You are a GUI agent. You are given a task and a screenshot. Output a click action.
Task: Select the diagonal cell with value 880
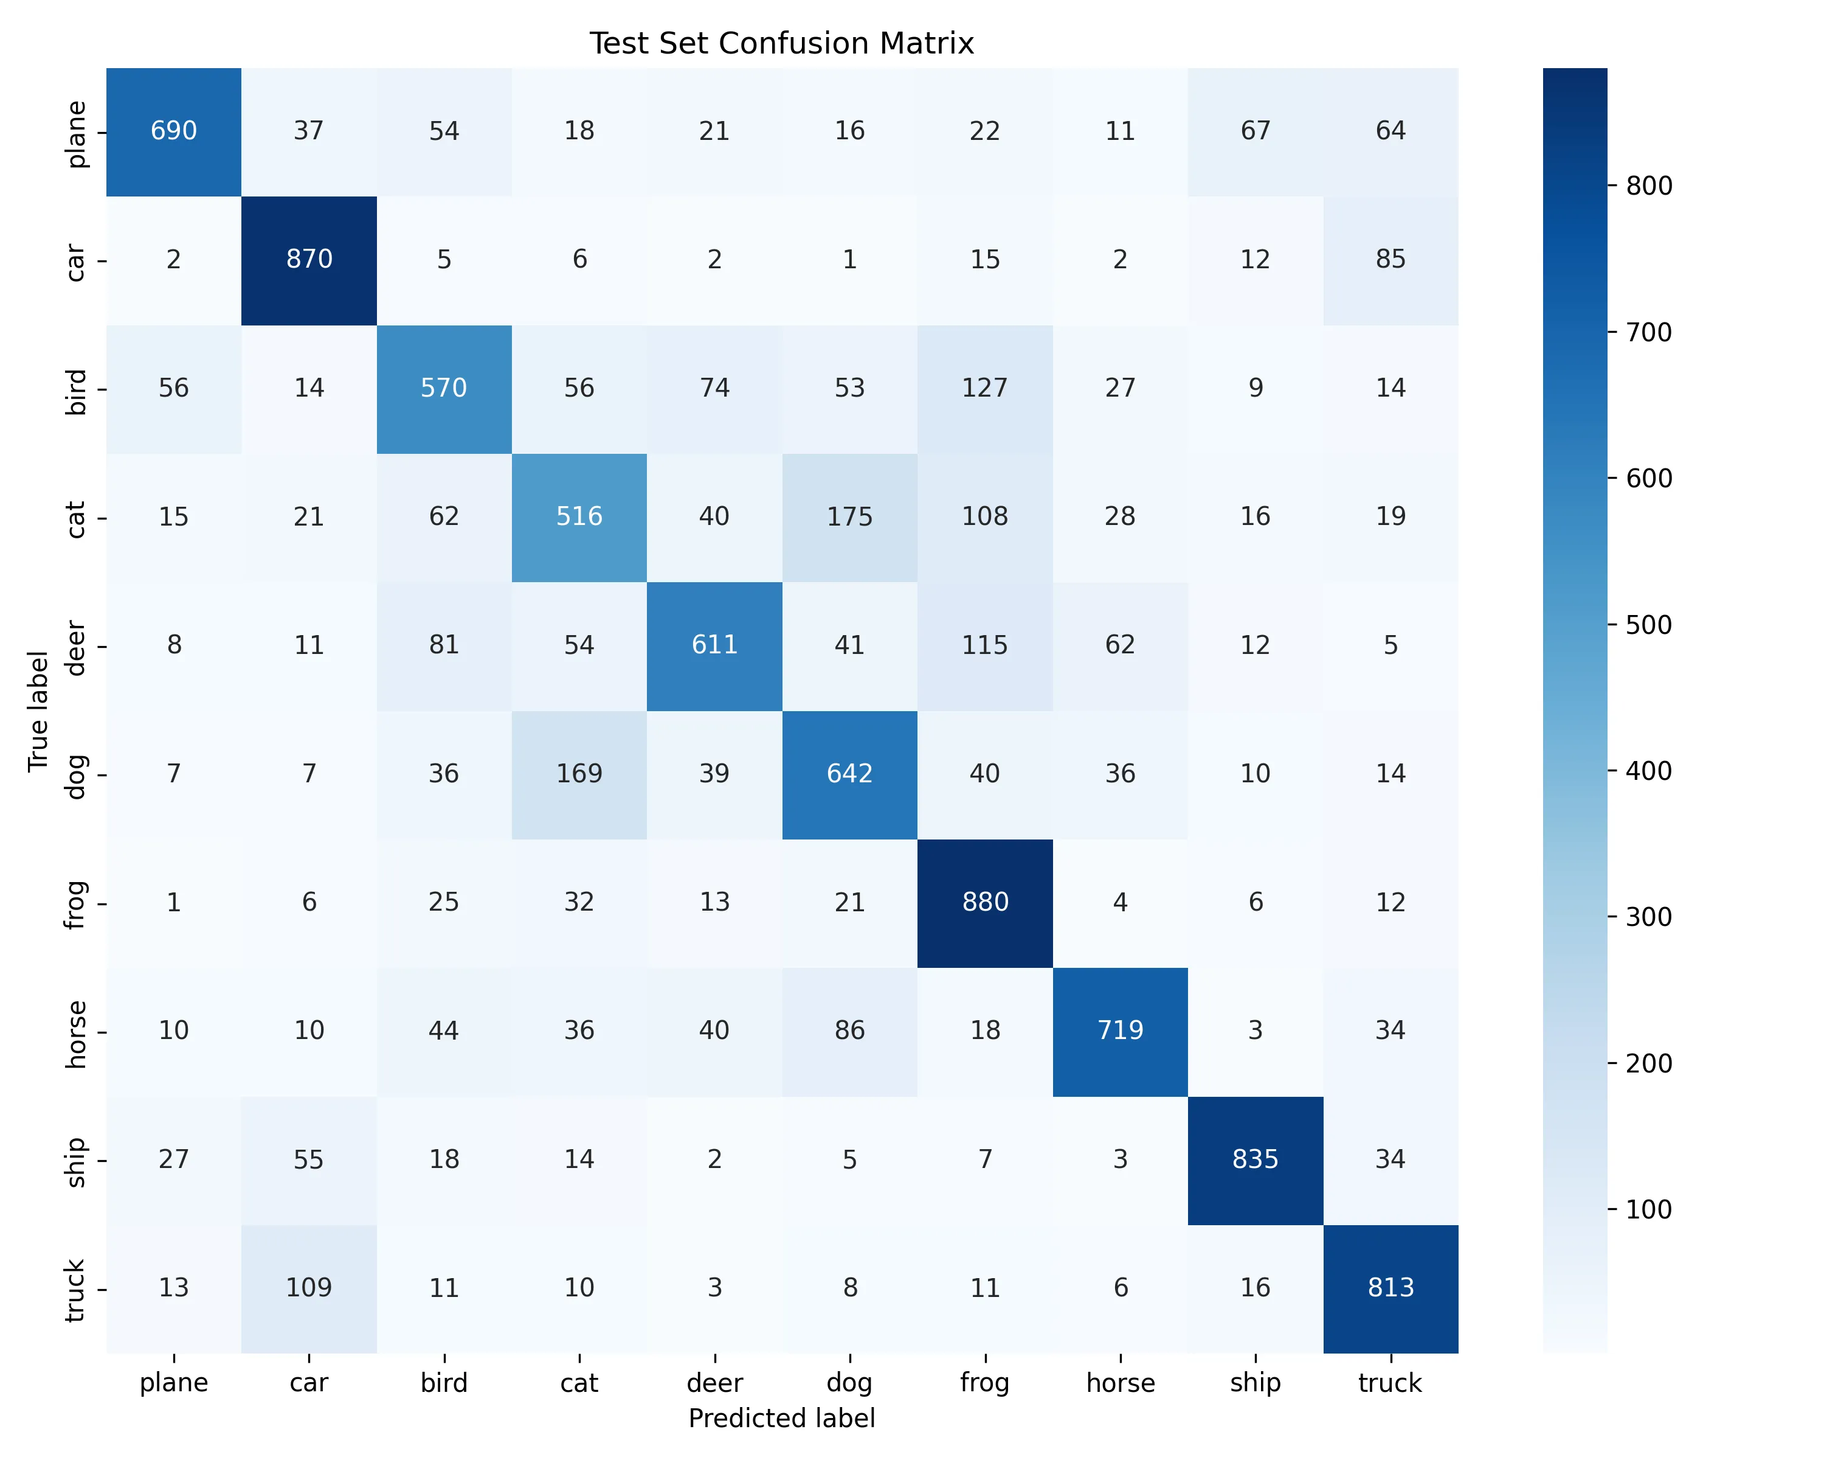click(x=985, y=902)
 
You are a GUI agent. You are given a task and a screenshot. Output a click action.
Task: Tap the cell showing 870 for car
click(x=309, y=259)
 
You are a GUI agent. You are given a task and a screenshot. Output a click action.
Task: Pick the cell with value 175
click(x=849, y=516)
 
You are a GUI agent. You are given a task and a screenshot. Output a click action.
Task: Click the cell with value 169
click(x=579, y=774)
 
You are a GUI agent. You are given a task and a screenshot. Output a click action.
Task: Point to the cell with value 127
click(x=985, y=388)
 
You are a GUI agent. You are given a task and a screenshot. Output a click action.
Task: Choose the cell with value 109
click(x=309, y=1287)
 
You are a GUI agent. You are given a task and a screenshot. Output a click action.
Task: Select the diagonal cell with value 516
click(x=579, y=516)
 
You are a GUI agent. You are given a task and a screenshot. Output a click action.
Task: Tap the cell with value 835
click(x=1256, y=1159)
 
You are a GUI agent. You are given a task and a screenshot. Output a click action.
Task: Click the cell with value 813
click(x=1391, y=1287)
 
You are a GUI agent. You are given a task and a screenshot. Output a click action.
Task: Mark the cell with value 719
click(x=1120, y=1030)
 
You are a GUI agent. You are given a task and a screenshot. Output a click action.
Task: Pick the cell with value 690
click(x=173, y=130)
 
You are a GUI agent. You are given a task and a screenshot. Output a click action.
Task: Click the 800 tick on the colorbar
click(x=1649, y=186)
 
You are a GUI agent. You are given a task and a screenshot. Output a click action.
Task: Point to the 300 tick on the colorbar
click(x=1649, y=917)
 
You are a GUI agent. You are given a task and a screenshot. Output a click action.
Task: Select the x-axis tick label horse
click(x=1120, y=1383)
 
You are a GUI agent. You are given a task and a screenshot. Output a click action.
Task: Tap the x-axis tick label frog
click(x=985, y=1383)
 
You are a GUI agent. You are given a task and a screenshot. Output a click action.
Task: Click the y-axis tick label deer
click(x=76, y=647)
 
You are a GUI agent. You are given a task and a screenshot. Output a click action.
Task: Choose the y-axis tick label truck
click(x=76, y=1290)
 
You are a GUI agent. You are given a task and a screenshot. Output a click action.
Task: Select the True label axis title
click(x=38, y=711)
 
